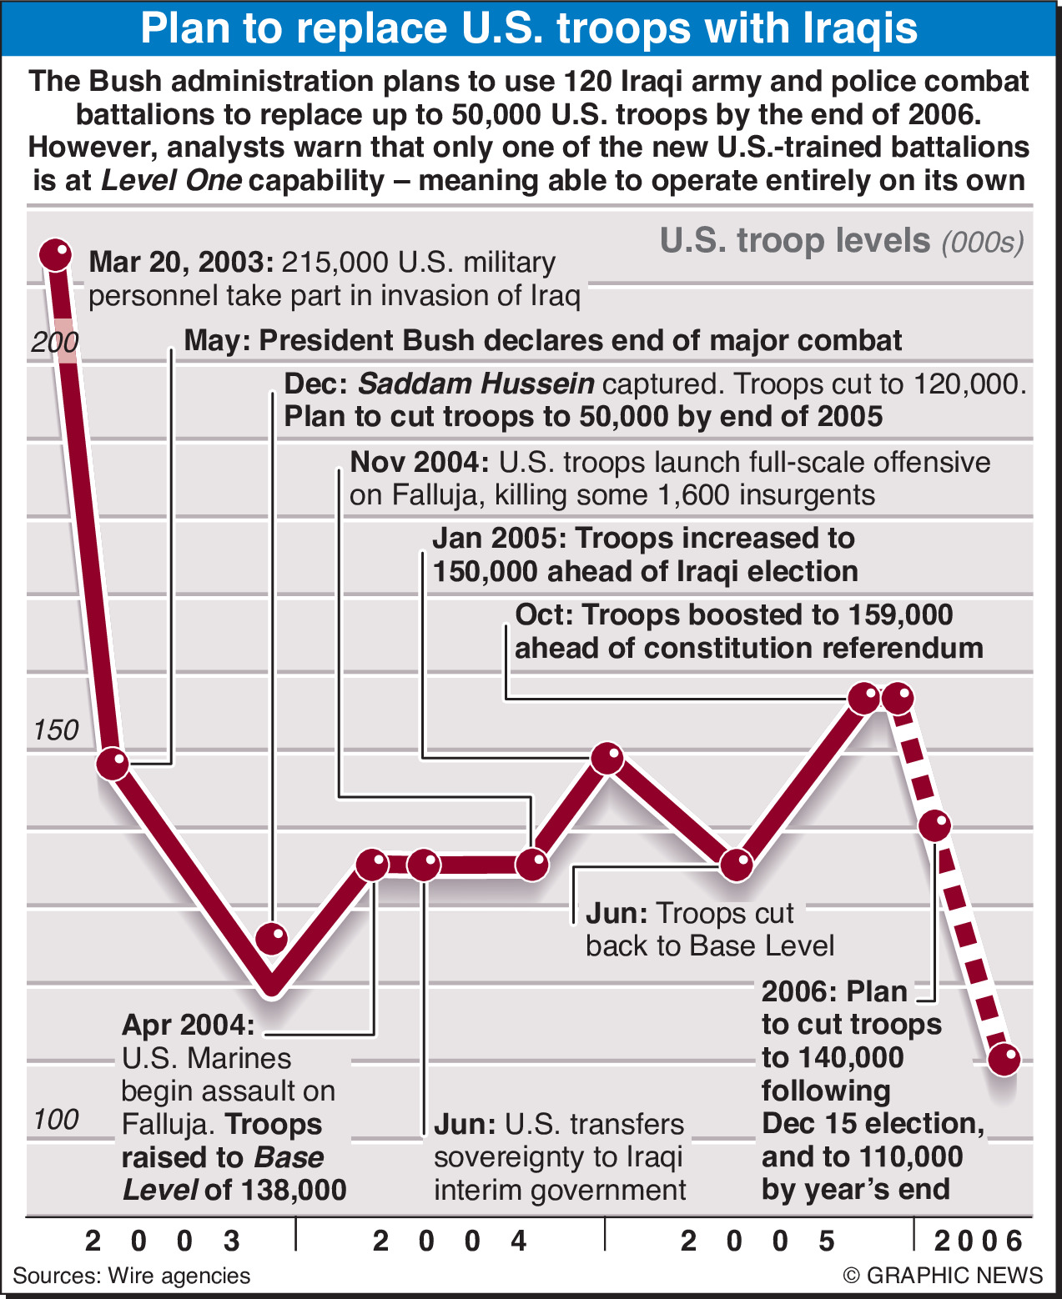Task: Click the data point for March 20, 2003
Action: tap(56, 254)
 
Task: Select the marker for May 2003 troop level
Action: tap(113, 762)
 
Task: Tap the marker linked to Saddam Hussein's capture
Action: tap(272, 939)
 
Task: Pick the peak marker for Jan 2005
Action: tap(607, 758)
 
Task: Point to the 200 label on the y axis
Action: tap(55, 342)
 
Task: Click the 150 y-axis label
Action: tap(56, 730)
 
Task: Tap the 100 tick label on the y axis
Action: tap(56, 1119)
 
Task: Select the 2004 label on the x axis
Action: tap(450, 1241)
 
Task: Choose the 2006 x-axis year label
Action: tap(978, 1241)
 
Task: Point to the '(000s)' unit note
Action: tap(983, 242)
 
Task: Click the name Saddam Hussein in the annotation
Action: tap(476, 384)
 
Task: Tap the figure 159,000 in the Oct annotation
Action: tap(899, 614)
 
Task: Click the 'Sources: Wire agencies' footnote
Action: tap(132, 1276)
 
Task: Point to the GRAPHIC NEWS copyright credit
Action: tap(943, 1276)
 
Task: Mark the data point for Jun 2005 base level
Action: tap(737, 865)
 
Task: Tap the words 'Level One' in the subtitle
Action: tap(171, 180)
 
